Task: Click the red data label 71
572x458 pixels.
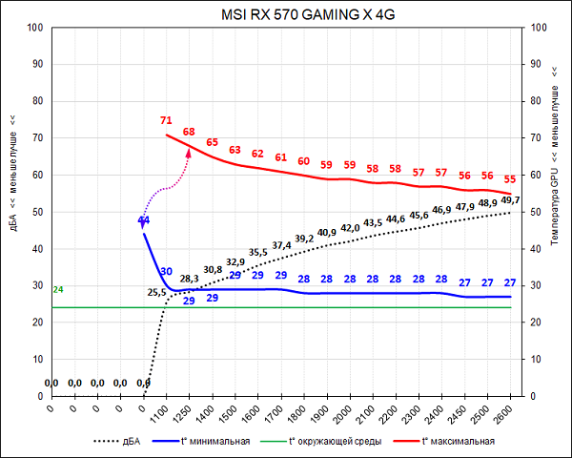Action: pos(166,121)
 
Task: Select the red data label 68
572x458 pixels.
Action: pos(189,132)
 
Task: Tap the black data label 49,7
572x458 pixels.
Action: pos(511,200)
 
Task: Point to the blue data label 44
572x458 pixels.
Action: pos(143,220)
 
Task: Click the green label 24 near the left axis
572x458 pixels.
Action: pos(57,289)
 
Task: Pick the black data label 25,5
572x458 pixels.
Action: pos(157,292)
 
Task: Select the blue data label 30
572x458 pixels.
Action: pos(166,272)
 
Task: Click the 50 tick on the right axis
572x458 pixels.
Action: pos(535,212)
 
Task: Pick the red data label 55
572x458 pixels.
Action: pos(510,178)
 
